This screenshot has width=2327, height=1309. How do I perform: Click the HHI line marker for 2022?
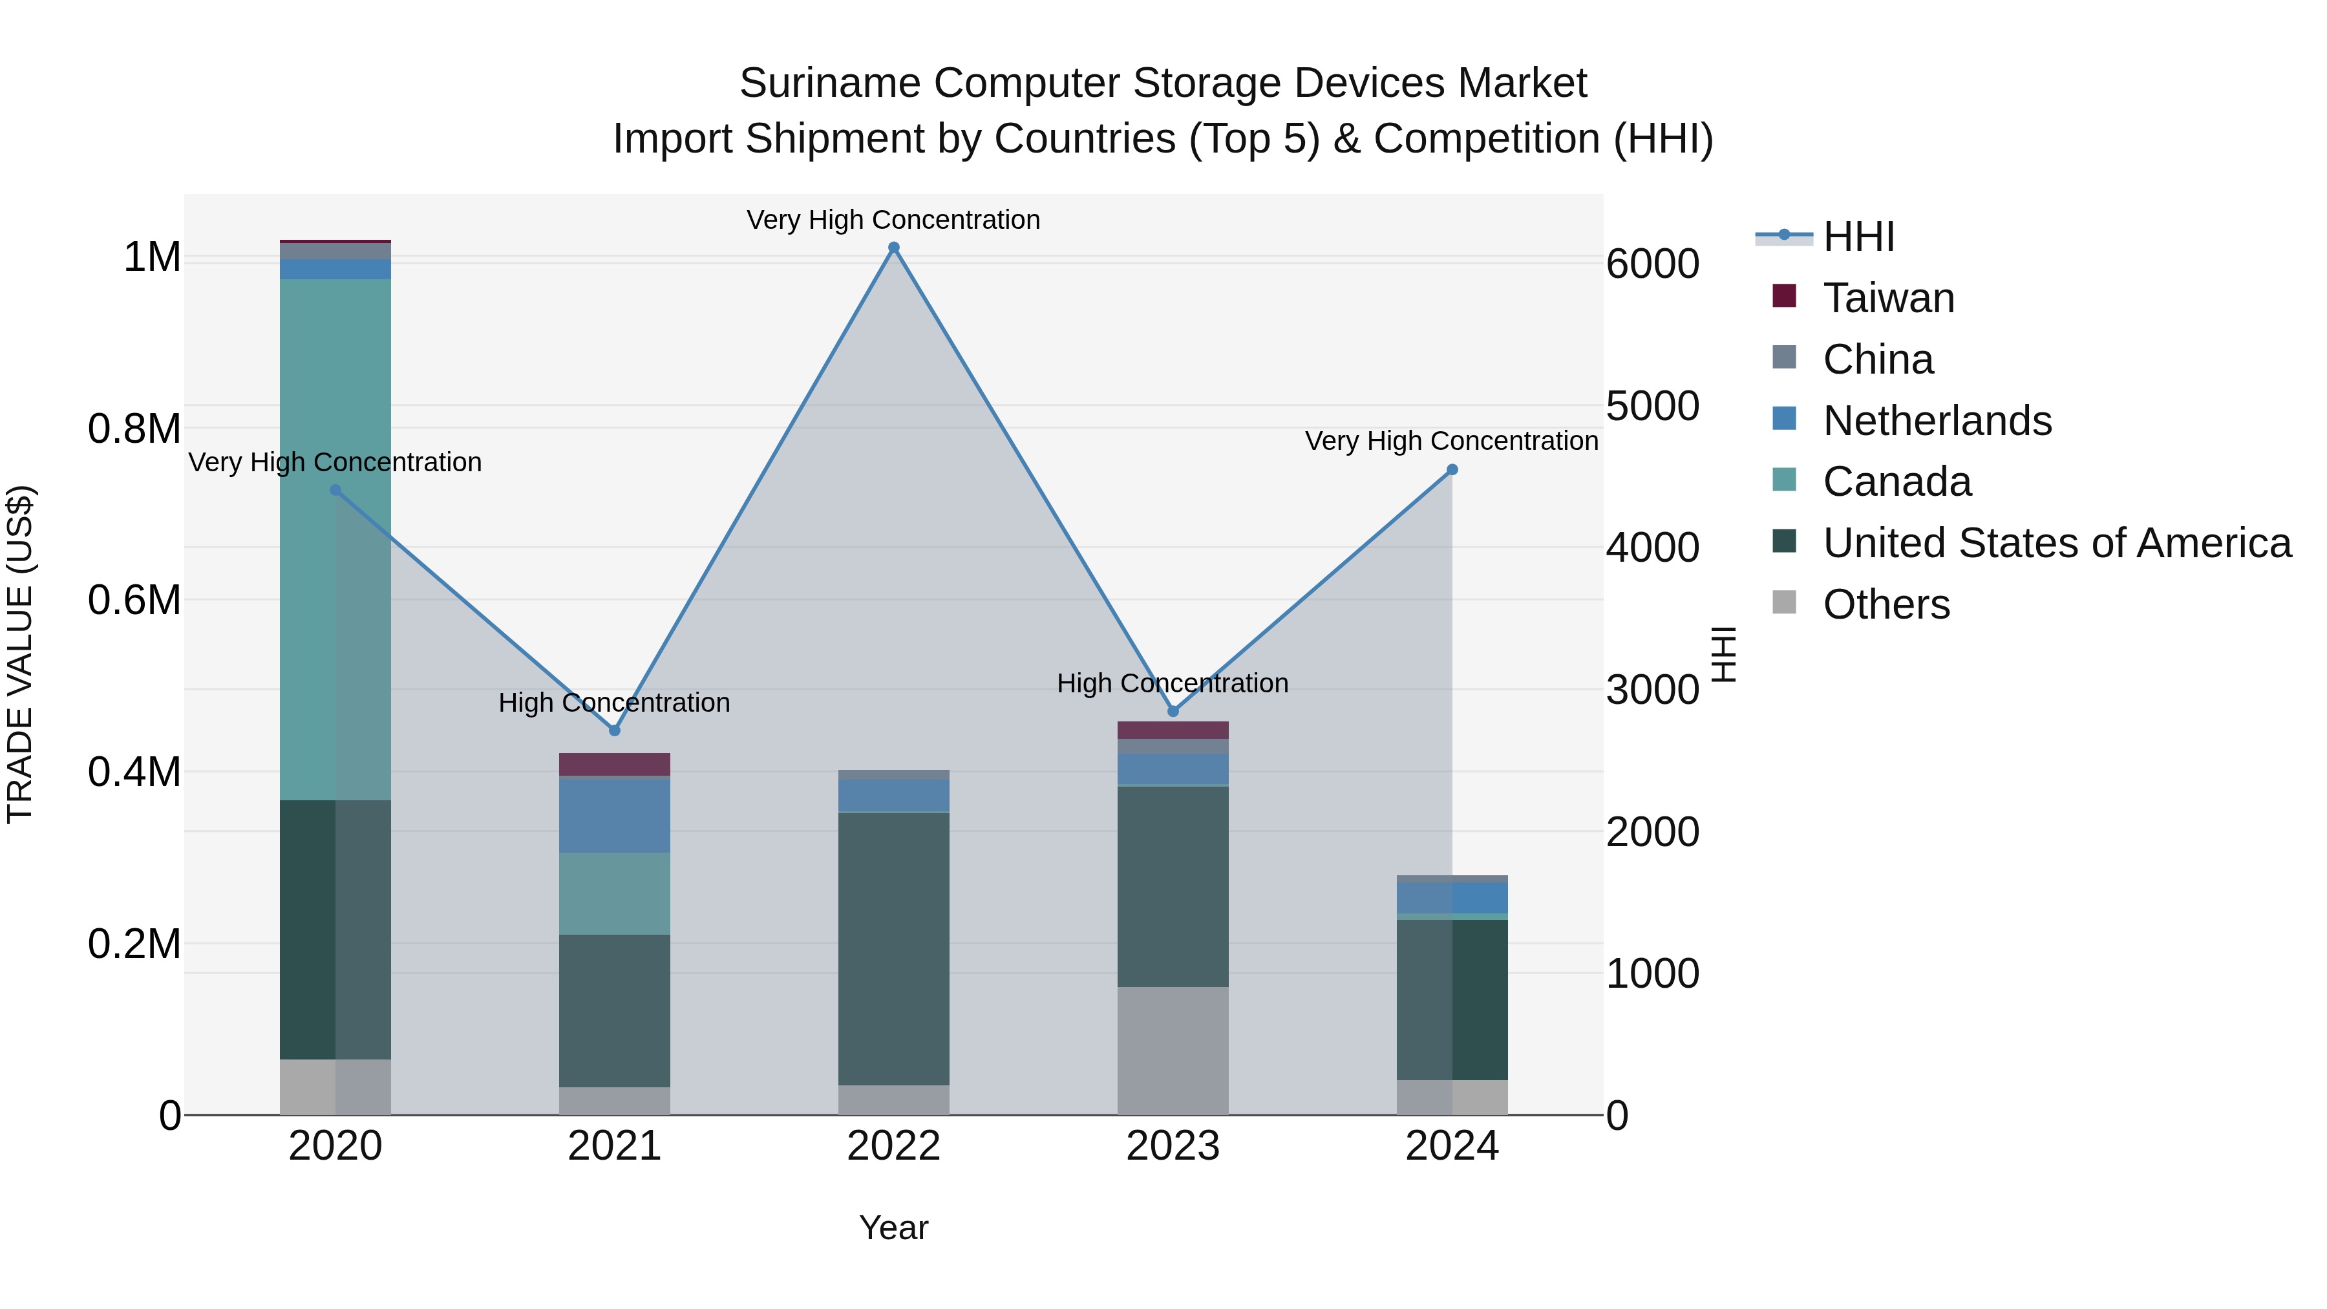tap(893, 248)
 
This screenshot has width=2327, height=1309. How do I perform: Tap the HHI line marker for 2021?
tap(614, 730)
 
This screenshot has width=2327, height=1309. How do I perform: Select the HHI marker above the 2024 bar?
tap(1452, 470)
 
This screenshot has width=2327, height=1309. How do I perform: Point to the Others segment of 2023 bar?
tap(1173, 1050)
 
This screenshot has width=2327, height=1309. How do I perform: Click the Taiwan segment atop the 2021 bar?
tap(614, 764)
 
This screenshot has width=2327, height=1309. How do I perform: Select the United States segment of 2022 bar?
tap(893, 948)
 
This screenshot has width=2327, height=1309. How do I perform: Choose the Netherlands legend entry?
tap(1936, 421)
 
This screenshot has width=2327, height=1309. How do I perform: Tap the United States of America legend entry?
tap(2056, 543)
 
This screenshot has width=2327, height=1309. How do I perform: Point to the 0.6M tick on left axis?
tap(134, 600)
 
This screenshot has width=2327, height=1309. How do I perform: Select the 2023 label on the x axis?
tap(1173, 1146)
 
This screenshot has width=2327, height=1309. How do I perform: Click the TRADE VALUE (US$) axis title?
tap(20, 654)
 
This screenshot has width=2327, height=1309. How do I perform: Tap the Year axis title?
tap(893, 1228)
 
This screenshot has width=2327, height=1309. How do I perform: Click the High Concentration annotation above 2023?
tap(1173, 683)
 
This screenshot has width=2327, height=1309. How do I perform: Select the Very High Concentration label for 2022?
tap(893, 220)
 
